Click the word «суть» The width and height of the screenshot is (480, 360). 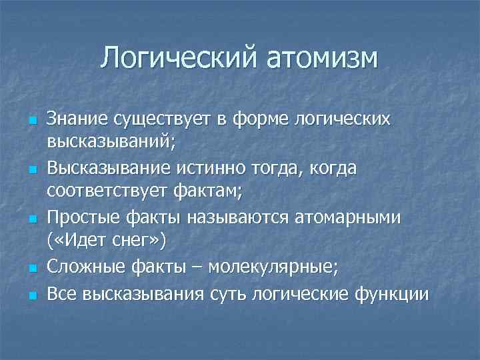coord(227,293)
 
